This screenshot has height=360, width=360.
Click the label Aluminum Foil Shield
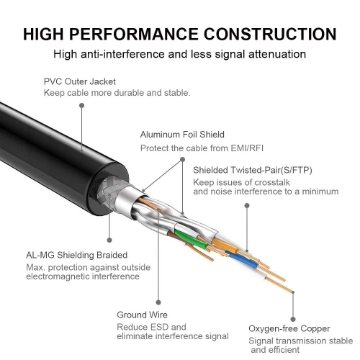182,134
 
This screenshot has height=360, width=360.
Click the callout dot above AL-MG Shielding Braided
109,239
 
